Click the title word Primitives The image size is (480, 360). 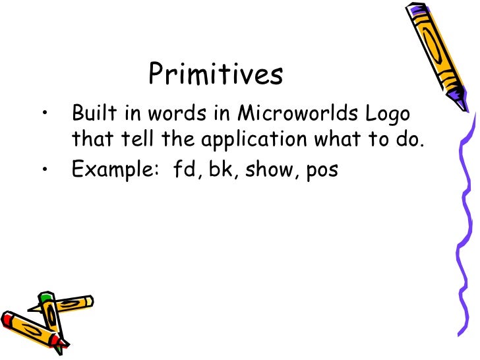tap(216, 75)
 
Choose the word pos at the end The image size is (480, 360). tap(322, 171)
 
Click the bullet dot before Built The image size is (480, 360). tap(44, 114)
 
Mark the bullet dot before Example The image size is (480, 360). tap(44, 170)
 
